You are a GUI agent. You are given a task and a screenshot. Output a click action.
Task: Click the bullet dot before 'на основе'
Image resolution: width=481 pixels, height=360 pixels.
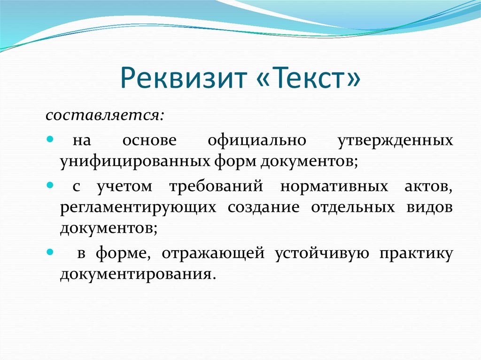click(x=50, y=140)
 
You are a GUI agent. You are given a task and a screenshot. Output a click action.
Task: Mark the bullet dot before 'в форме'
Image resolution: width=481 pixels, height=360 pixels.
click(x=50, y=253)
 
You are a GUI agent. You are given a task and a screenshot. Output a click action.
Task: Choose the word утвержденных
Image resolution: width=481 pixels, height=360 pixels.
click(x=396, y=140)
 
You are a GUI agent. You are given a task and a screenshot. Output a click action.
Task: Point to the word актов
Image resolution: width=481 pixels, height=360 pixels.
click(x=428, y=186)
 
